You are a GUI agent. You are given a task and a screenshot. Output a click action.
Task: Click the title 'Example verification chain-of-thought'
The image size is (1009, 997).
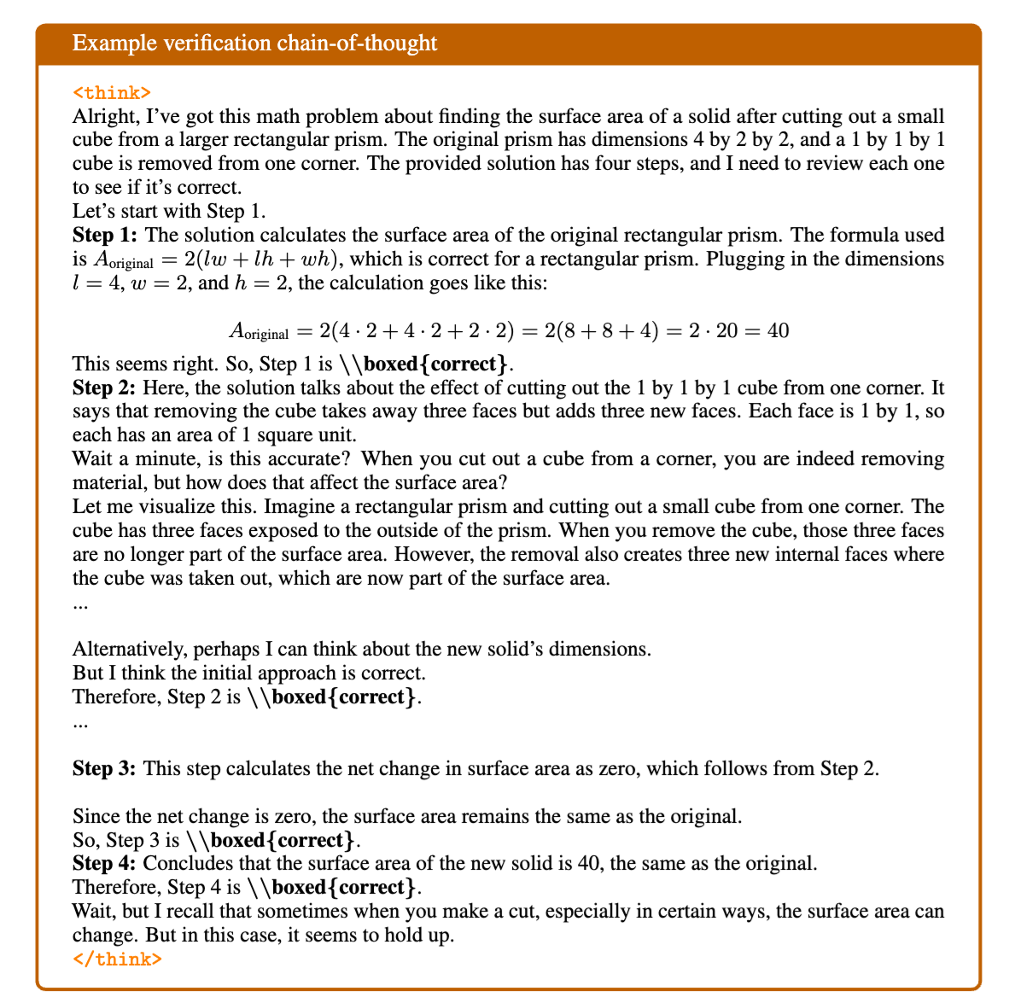tap(254, 43)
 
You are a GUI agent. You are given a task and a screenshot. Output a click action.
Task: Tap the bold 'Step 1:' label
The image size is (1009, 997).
tap(104, 235)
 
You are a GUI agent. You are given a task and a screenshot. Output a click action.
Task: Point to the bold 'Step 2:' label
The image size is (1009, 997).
tap(104, 388)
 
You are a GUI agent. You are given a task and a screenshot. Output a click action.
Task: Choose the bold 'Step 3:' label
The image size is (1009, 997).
tap(104, 768)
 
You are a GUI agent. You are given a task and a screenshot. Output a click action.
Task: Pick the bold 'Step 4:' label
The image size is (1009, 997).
tap(104, 863)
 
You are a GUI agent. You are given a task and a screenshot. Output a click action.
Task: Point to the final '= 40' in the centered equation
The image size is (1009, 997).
tap(768, 330)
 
